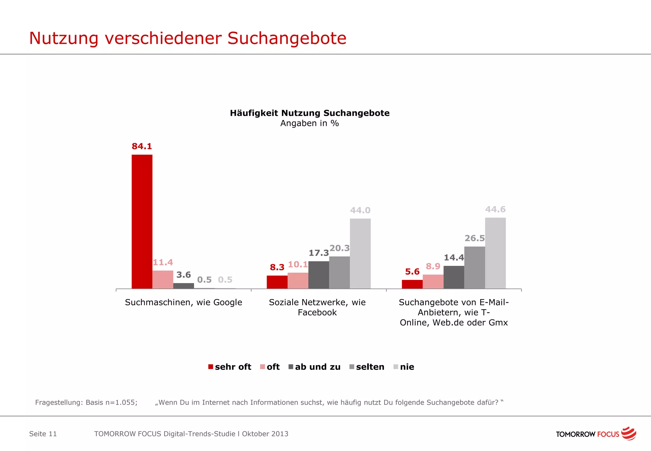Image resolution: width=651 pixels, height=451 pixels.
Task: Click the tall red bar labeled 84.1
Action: tap(142, 222)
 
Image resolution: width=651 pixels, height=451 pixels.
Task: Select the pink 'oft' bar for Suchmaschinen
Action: tap(163, 280)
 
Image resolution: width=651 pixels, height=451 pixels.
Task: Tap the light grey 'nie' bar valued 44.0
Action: tap(360, 253)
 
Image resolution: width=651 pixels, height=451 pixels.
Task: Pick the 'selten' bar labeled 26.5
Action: tap(475, 267)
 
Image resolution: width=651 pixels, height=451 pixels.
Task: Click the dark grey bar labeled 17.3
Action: tap(319, 275)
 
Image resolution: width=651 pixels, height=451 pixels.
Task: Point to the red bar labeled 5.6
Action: tap(412, 284)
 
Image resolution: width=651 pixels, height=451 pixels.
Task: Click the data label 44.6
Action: tap(495, 210)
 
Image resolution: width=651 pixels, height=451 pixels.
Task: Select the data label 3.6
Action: tap(183, 275)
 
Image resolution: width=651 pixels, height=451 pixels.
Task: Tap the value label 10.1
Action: tap(298, 265)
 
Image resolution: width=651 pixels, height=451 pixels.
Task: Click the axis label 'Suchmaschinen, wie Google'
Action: tap(183, 302)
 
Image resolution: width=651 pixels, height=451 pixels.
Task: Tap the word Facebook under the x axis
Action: tap(317, 313)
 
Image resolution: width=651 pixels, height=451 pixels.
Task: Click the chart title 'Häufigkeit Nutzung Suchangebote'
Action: tap(310, 113)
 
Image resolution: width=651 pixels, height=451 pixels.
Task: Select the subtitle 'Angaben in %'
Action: tap(310, 123)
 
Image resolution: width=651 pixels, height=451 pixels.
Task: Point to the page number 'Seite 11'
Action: tap(43, 434)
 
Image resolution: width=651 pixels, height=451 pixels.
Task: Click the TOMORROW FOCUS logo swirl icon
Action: tap(628, 434)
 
